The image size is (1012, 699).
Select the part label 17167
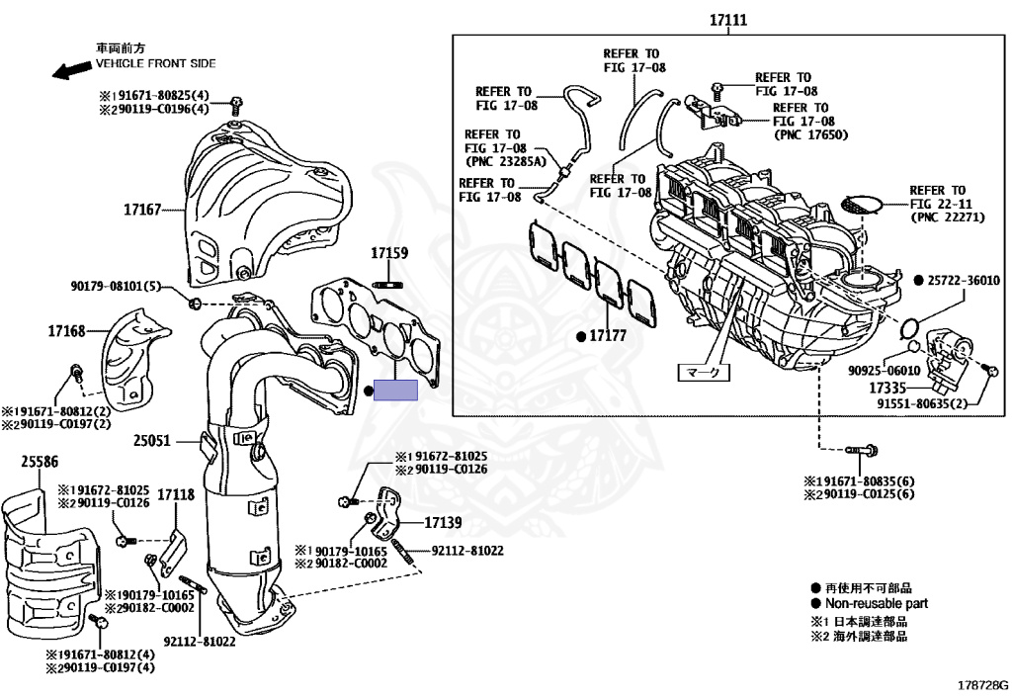(x=143, y=210)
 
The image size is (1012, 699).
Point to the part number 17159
(x=389, y=253)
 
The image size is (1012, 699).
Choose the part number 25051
(x=152, y=441)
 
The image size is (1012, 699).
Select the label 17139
(x=444, y=522)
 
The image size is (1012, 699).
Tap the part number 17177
(x=608, y=336)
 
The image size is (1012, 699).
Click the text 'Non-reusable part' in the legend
(x=876, y=603)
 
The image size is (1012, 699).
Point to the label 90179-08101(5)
(x=115, y=287)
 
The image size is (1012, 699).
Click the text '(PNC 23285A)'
(x=505, y=160)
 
